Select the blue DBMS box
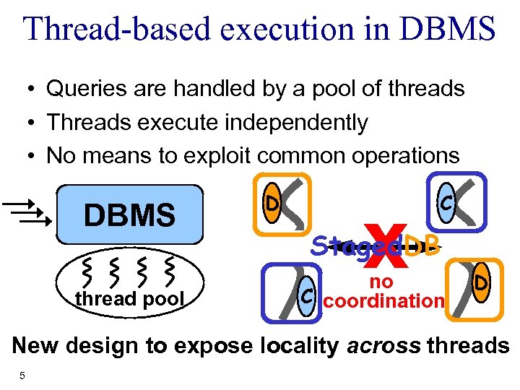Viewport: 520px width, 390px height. [130, 214]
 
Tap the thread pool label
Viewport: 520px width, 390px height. [128, 298]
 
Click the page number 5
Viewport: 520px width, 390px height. [23, 375]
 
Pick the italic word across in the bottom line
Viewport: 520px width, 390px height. [381, 345]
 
